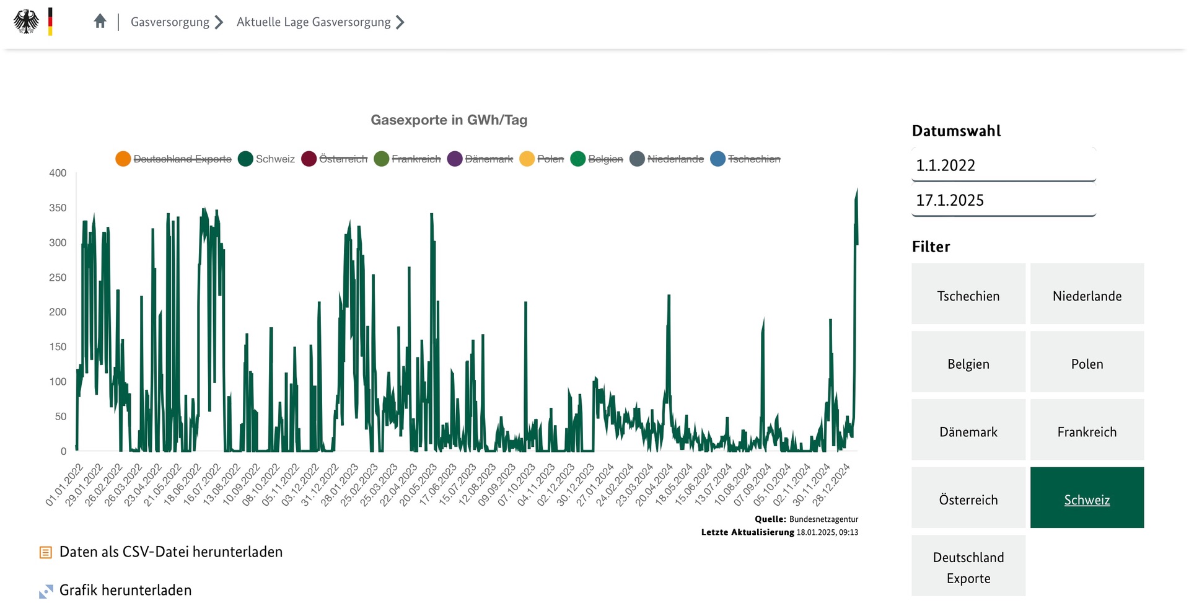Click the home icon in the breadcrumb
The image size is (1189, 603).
coord(100,22)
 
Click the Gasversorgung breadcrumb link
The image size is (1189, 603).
coord(170,22)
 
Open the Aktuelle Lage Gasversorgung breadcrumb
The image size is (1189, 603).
coord(314,22)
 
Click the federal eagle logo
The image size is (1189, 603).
coord(26,22)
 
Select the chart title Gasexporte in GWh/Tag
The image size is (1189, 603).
coord(449,120)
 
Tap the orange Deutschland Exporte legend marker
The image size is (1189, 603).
coord(123,159)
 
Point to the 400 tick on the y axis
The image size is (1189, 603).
coord(58,173)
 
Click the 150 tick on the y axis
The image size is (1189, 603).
coord(58,346)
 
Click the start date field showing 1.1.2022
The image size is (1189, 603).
coord(1003,165)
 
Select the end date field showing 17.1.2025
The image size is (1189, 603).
coord(1003,200)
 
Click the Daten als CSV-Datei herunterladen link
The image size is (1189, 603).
coord(170,552)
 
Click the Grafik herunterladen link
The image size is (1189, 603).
coord(125,590)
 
